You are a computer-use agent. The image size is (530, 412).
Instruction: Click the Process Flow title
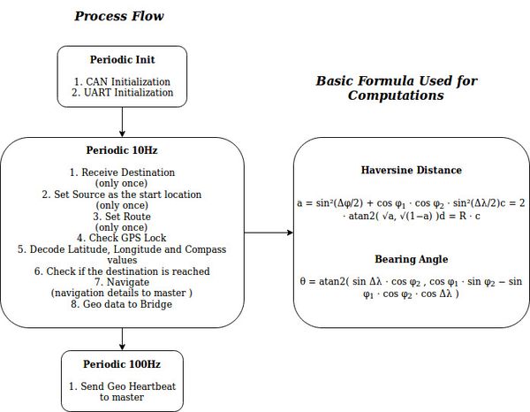pyautogui.click(x=119, y=16)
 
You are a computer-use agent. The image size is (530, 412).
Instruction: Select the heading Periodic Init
pyautogui.click(x=123, y=59)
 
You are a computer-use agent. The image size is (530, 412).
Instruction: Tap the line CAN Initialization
pyautogui.click(x=122, y=81)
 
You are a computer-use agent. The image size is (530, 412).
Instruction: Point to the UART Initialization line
pyautogui.click(x=123, y=92)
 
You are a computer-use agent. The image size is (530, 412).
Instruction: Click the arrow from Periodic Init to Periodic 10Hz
pyautogui.click(x=122, y=122)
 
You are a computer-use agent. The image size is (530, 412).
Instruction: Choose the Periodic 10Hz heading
pyautogui.click(x=122, y=150)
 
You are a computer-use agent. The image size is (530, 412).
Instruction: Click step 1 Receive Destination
pyautogui.click(x=122, y=172)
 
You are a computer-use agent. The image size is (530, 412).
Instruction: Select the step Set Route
pyautogui.click(x=122, y=216)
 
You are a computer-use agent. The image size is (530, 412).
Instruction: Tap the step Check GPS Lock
pyautogui.click(x=122, y=238)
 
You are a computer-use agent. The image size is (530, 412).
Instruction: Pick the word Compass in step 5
pyautogui.click(x=206, y=249)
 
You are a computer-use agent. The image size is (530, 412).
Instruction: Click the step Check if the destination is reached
pyautogui.click(x=122, y=271)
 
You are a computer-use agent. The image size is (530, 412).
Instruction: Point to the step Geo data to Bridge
pyautogui.click(x=122, y=304)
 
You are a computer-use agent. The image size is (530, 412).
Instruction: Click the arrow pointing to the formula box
pyautogui.click(x=269, y=233)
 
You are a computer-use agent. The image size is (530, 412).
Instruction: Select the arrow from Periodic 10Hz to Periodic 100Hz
pyautogui.click(x=122, y=339)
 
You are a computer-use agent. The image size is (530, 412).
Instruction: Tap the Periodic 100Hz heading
pyautogui.click(x=122, y=364)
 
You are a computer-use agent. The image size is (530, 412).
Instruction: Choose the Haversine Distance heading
pyautogui.click(x=412, y=170)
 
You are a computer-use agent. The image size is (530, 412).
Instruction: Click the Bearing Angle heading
pyautogui.click(x=412, y=259)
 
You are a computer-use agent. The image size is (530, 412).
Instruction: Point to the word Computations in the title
pyautogui.click(x=396, y=95)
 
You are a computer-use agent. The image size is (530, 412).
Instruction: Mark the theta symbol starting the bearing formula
pyautogui.click(x=302, y=281)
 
